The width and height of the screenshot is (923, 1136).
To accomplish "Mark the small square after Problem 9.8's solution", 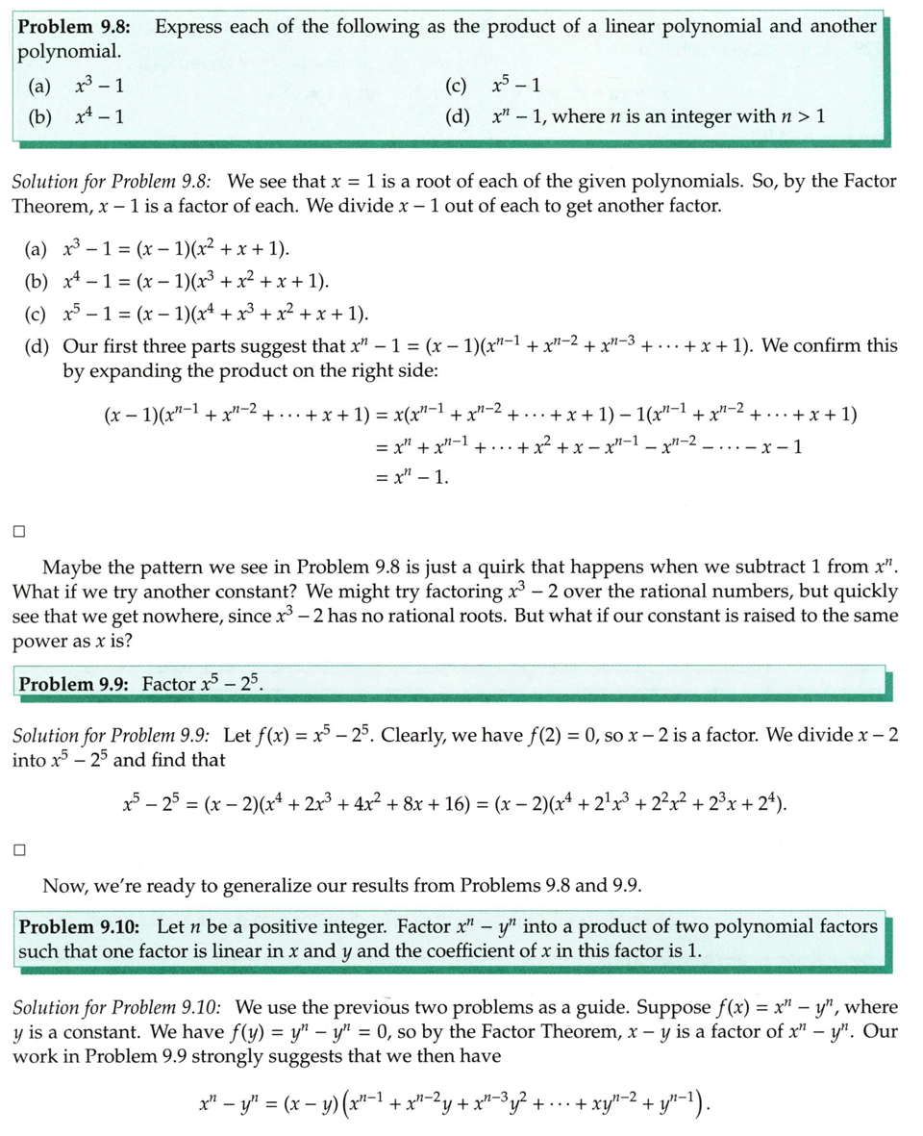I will click(x=19, y=528).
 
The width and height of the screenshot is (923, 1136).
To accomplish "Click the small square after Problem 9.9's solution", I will click(x=19, y=848).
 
